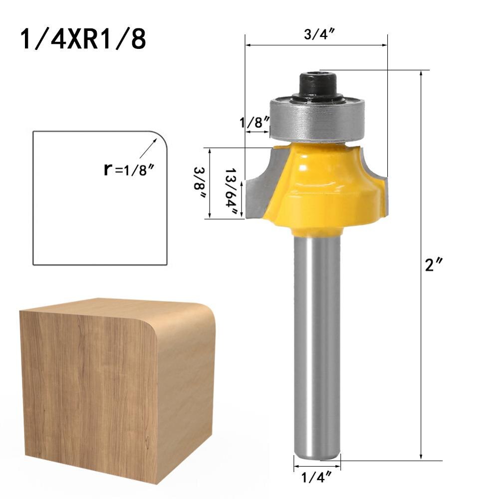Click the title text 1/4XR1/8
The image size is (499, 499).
[x=83, y=39]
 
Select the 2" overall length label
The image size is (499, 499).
[x=431, y=265]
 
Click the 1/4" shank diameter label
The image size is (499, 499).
[x=316, y=478]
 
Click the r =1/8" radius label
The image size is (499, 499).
[x=128, y=169]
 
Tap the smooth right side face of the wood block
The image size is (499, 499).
[x=185, y=394]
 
